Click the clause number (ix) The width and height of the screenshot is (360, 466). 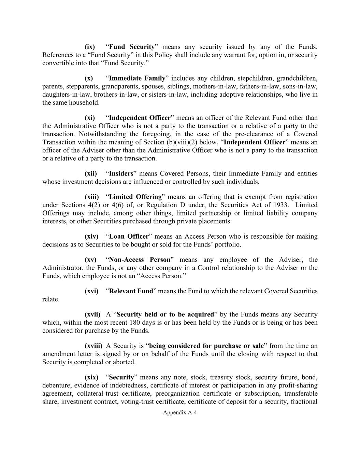pos(90,47)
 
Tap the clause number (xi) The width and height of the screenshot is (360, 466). pos(90,118)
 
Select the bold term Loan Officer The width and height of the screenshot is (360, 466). pos(129,236)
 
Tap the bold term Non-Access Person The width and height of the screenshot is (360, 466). pos(140,259)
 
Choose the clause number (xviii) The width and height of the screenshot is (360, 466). pos(93,346)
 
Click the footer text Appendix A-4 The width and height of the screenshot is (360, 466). pos(180,412)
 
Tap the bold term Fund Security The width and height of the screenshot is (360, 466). pos(132,47)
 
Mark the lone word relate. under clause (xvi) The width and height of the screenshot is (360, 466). pos(51,299)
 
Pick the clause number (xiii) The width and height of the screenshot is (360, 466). pos(91,197)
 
